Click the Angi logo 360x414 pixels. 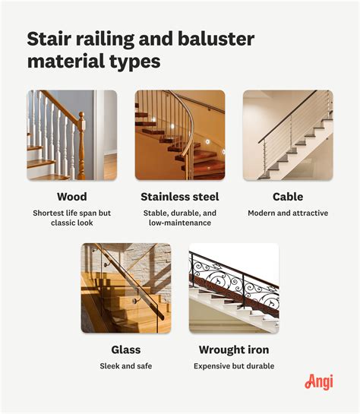click(x=319, y=381)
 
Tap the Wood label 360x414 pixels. click(x=71, y=197)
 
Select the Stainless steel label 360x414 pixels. click(x=180, y=197)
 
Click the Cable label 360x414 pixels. click(x=288, y=197)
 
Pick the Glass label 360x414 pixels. click(x=126, y=350)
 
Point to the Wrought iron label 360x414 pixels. click(x=233, y=350)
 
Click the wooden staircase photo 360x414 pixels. click(x=71, y=135)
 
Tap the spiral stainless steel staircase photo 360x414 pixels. click(x=180, y=135)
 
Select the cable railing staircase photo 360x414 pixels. click(x=288, y=135)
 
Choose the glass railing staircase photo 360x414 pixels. click(x=126, y=288)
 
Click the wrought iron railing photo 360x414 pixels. click(x=233, y=288)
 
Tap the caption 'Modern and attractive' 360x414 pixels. click(x=288, y=213)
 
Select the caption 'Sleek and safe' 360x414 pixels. click(x=126, y=366)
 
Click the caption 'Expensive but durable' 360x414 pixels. click(x=233, y=366)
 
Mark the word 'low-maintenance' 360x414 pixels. click(x=180, y=223)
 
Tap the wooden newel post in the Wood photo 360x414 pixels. click(x=81, y=144)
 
